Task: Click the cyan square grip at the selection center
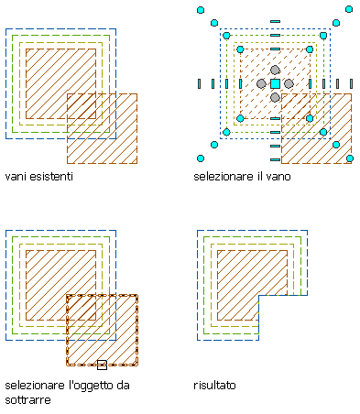pyautogui.click(x=275, y=83)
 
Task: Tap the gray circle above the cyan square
pyautogui.click(x=275, y=70)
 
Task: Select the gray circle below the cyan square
pyautogui.click(x=275, y=97)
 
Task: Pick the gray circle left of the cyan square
pyautogui.click(x=261, y=83)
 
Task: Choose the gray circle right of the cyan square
pyautogui.click(x=289, y=83)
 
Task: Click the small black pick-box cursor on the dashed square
pyautogui.click(x=102, y=365)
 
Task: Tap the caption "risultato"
pyautogui.click(x=214, y=386)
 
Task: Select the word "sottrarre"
pyautogui.click(x=27, y=400)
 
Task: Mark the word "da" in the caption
pyautogui.click(x=123, y=386)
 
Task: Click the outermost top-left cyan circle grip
pyautogui.click(x=201, y=10)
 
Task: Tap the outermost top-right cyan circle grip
pyautogui.click(x=349, y=9)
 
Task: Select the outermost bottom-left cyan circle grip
pyautogui.click(x=201, y=158)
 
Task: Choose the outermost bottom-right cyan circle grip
pyautogui.click(x=350, y=158)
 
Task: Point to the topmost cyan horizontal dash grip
pyautogui.click(x=275, y=21)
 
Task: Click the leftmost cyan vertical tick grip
pyautogui.click(x=200, y=83)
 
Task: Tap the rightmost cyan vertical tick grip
pyautogui.click(x=351, y=83)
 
